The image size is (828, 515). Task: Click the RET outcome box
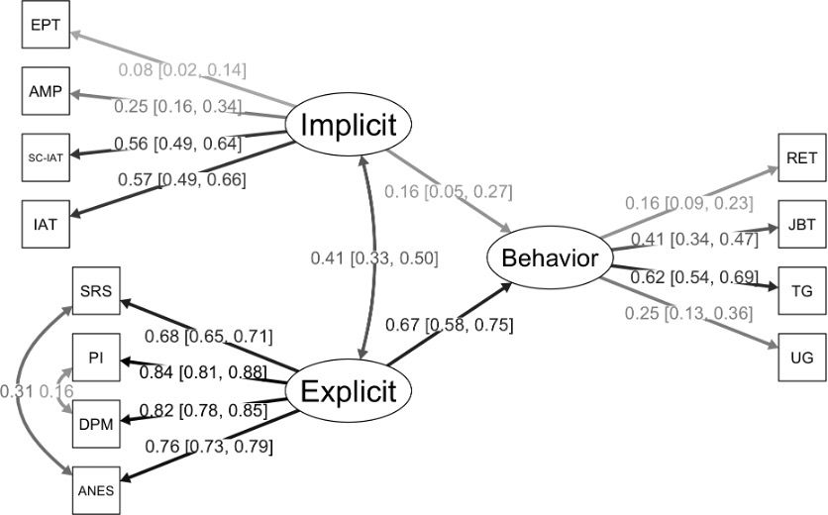[x=801, y=158]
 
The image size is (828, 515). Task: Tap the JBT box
[x=801, y=225]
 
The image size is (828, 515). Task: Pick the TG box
[x=801, y=291]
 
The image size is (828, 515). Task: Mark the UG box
[x=801, y=358]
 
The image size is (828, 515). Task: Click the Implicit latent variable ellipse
[x=348, y=126]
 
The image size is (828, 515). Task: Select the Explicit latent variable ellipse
[x=348, y=391]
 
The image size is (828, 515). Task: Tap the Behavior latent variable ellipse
[x=549, y=259]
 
